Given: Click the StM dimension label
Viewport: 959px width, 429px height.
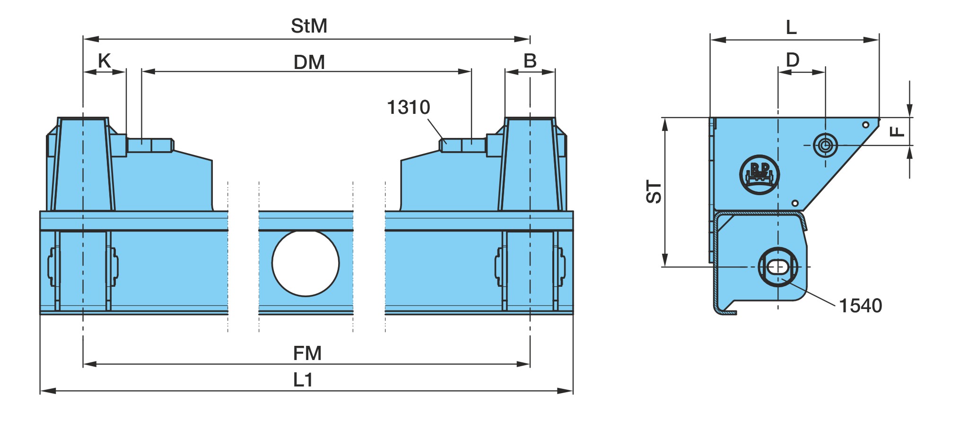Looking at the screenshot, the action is (309, 26).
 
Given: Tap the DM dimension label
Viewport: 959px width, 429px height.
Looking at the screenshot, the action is (309, 62).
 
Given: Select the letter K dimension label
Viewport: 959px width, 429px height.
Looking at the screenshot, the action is (104, 61).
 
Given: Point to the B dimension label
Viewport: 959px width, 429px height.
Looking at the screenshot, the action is (530, 61).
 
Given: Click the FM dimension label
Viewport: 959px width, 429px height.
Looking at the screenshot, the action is (307, 353).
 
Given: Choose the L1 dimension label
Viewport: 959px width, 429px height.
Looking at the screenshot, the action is (303, 380).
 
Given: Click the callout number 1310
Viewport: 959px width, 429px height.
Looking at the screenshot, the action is (409, 107).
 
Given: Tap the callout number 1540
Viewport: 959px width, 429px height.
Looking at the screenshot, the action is (860, 306).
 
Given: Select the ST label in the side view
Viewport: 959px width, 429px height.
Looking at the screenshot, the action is (654, 192).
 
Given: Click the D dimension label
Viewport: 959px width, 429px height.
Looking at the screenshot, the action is (793, 60).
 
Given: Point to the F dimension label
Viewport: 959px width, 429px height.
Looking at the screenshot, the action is (897, 131).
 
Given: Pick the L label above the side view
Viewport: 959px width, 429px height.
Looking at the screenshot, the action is (791, 27).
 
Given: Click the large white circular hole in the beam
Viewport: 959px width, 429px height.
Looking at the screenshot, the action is (305, 263).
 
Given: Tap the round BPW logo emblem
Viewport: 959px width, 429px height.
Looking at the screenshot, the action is (759, 174).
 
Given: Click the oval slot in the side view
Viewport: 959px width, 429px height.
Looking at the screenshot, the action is (778, 267).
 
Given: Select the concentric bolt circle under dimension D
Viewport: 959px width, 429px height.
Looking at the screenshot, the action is (825, 145).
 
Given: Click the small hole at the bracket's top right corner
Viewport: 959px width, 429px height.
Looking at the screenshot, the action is (865, 125).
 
